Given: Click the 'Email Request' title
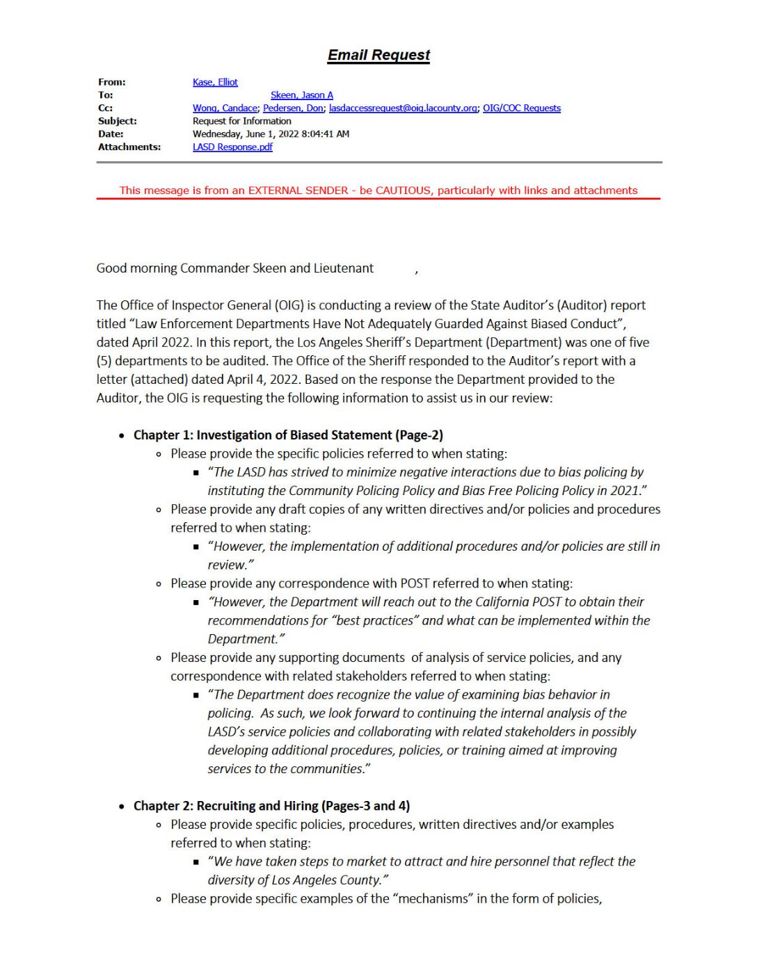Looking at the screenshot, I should [x=378, y=55].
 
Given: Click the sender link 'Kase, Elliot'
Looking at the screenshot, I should [x=215, y=82].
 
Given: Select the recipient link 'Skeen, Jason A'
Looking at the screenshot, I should [x=302, y=95].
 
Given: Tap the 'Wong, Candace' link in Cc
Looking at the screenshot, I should [x=225, y=108].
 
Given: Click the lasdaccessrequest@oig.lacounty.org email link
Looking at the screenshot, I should [x=403, y=108].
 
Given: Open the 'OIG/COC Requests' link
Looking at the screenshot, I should [x=521, y=108].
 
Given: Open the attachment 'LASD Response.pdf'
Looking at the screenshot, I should [x=232, y=147].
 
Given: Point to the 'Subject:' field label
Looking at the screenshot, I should [x=117, y=121].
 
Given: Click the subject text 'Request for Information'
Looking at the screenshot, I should [x=241, y=121].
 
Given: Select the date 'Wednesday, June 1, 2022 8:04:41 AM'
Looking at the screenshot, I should [x=271, y=133].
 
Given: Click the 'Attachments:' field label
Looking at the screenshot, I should [x=129, y=147].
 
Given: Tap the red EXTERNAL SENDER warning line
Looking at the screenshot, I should [x=378, y=191].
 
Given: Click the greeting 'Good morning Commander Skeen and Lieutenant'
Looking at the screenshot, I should [x=234, y=268].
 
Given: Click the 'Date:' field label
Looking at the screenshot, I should [x=111, y=133].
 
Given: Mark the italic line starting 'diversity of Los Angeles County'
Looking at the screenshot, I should [x=298, y=880].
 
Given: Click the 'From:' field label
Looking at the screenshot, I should [x=111, y=82].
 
